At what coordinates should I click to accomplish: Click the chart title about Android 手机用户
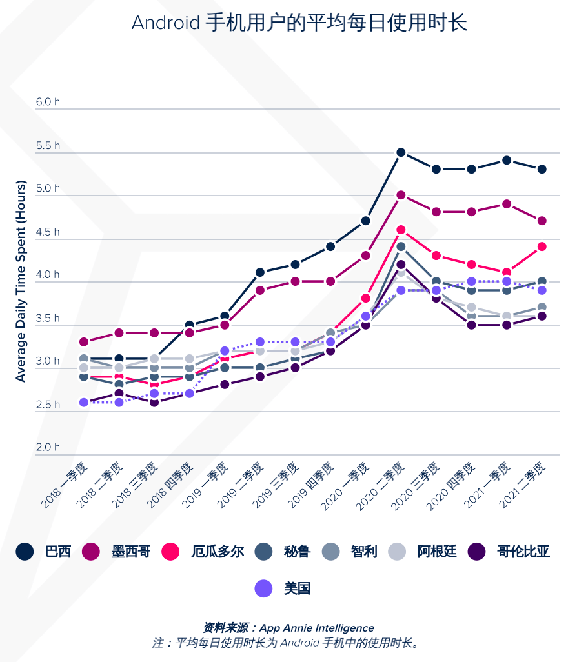click(299, 23)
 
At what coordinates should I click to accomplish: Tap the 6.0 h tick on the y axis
click(48, 102)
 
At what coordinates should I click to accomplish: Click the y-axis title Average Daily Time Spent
click(21, 281)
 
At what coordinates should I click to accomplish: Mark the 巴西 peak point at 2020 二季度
click(401, 152)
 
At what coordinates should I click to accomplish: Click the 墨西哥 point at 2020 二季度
click(401, 195)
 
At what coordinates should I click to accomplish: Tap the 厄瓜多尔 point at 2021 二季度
click(542, 246)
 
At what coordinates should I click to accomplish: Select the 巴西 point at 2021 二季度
click(542, 169)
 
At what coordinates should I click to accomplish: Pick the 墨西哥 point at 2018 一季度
click(84, 341)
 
